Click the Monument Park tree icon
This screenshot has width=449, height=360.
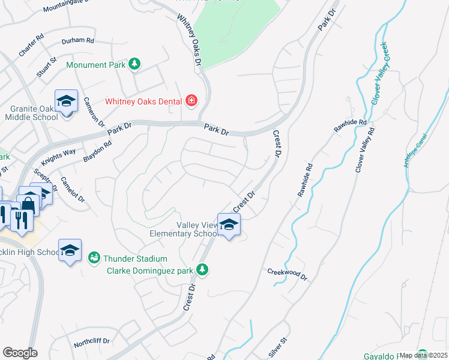click(135, 64)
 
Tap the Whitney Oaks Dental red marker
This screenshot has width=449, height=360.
click(191, 100)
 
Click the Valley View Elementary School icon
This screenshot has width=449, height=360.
click(229, 225)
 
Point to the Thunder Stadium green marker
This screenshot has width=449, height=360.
click(93, 258)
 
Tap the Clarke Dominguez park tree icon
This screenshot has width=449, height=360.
click(203, 270)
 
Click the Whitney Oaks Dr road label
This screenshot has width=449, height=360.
click(188, 40)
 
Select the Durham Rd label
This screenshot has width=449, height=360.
click(78, 41)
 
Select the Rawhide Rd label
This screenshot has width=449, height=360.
click(306, 179)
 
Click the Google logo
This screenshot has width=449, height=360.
click(20, 352)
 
